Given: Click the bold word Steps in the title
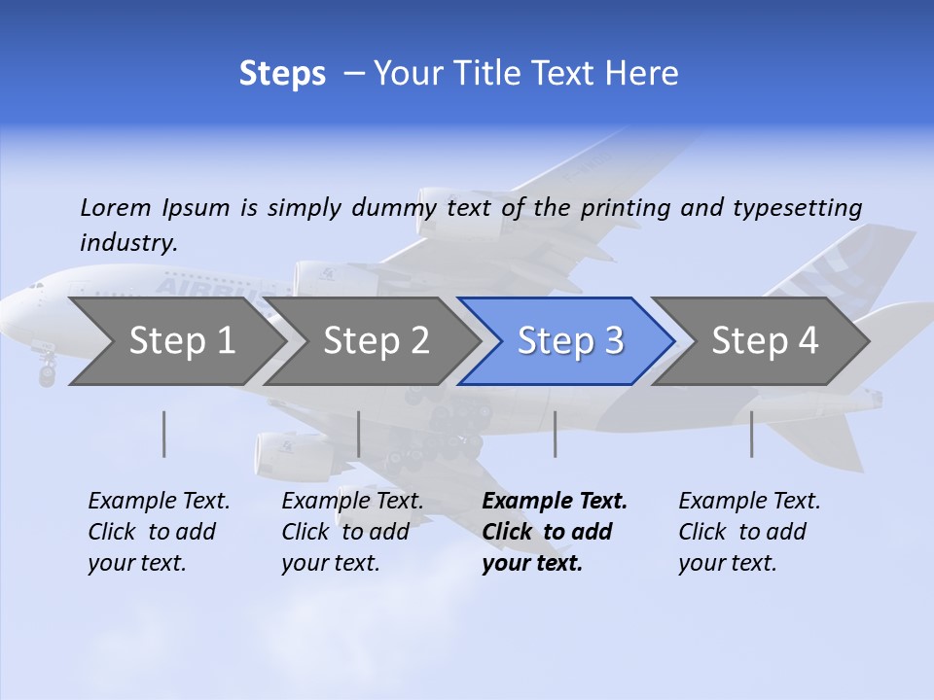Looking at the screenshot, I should coord(282,74).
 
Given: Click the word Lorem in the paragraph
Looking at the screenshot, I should coord(116,207).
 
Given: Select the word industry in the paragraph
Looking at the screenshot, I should coord(128,243).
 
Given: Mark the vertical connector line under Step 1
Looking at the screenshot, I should coord(164,434).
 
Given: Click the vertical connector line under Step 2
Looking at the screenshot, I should coord(359,434).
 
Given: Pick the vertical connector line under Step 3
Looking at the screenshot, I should coord(556,434).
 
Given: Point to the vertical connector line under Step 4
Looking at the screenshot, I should coord(752,434).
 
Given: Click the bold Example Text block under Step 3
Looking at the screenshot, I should coord(554,532).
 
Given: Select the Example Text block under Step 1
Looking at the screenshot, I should coord(159,532).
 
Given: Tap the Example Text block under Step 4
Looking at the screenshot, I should coord(749,532).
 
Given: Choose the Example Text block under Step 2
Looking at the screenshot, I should coord(352,532).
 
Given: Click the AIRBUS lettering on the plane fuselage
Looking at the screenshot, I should coord(209,288).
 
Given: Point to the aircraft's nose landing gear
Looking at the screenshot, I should coord(47,369).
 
